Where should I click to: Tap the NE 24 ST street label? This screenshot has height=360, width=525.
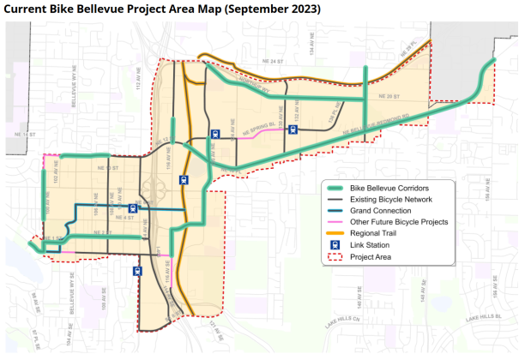pos(273,62)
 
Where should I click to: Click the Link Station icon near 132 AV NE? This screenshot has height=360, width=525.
pos(293,130)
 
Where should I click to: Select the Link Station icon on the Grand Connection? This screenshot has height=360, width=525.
pos(132,207)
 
